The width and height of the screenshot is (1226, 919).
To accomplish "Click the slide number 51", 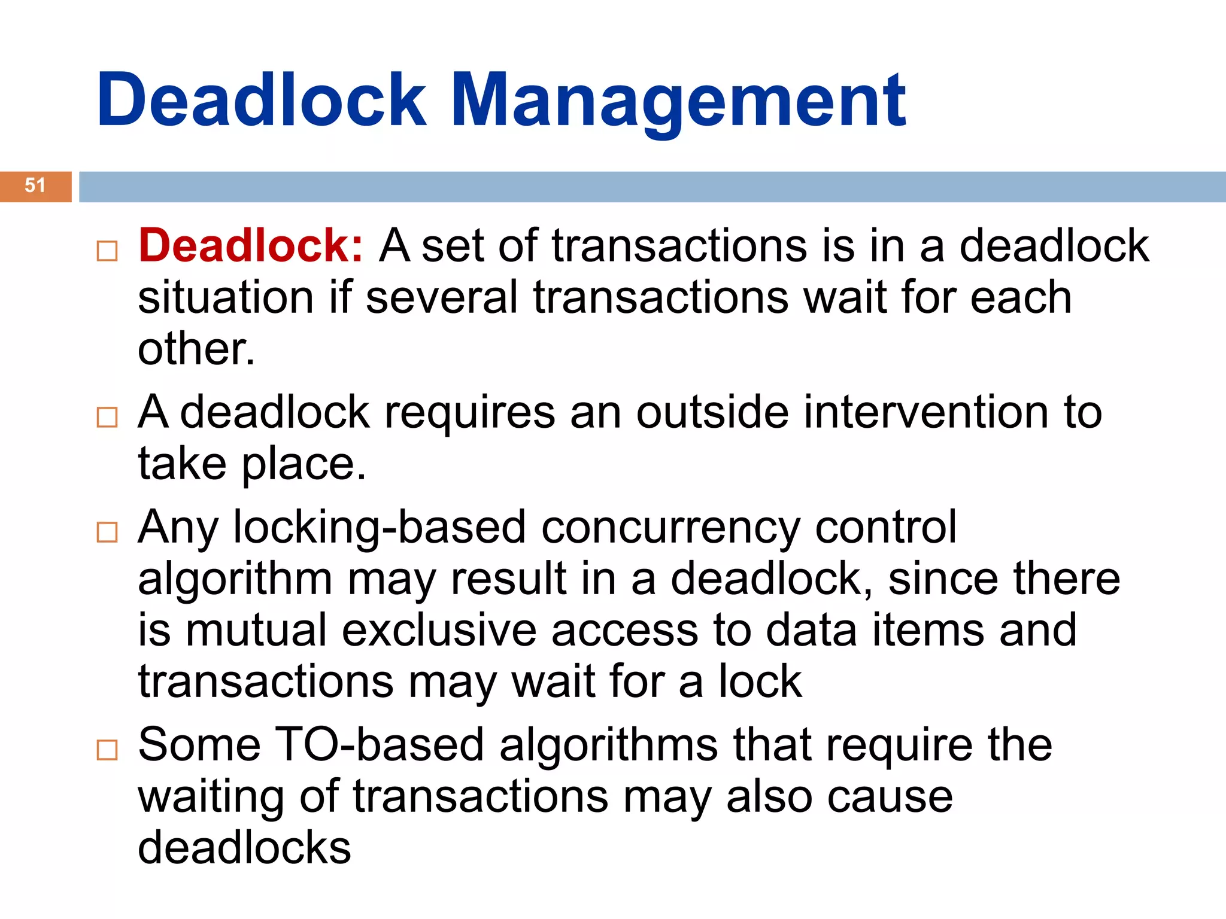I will click(x=35, y=185).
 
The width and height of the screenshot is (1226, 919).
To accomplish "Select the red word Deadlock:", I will click(x=251, y=246).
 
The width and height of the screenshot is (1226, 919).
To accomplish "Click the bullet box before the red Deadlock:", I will click(x=107, y=251).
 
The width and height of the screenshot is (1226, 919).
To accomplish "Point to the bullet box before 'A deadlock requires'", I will click(x=107, y=417).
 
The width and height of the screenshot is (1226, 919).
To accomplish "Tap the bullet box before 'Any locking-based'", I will click(x=107, y=532).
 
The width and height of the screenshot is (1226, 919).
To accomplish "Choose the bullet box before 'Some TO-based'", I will click(x=107, y=750).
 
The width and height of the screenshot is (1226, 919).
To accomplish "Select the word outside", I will click(x=712, y=412).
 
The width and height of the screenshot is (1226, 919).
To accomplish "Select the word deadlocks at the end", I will click(x=244, y=848).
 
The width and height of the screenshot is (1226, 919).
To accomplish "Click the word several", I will click(x=442, y=298).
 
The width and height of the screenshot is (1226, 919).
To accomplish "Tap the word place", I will click(x=303, y=465).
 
